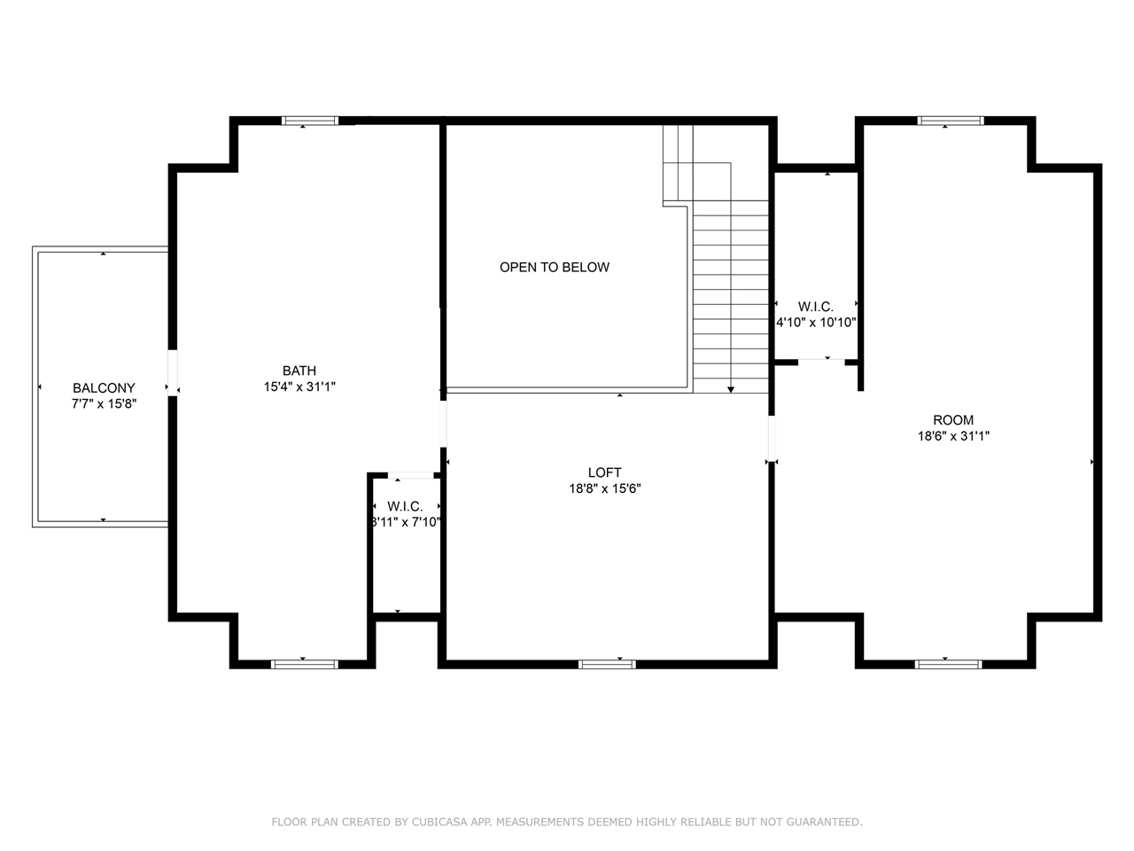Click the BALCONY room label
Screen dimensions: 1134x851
click(104, 387)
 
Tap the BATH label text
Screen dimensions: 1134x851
click(299, 371)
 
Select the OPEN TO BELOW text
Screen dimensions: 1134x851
click(555, 267)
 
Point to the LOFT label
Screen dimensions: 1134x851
click(604, 472)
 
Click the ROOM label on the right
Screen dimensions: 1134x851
click(953, 420)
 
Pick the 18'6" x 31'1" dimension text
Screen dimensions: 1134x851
click(953, 436)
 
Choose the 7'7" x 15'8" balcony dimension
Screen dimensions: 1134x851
click(104, 403)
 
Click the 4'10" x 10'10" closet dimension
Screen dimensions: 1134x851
click(816, 323)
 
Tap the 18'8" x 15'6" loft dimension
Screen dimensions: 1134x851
click(605, 488)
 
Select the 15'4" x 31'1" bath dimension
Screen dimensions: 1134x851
click(299, 386)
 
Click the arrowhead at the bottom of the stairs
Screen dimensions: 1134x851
click(731, 389)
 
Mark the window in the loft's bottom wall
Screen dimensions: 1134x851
click(607, 665)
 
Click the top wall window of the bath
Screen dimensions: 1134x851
click(310, 121)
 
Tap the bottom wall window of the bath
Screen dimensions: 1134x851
click(305, 665)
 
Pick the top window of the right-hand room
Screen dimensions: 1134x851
click(951, 121)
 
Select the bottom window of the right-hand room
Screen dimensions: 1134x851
click(949, 665)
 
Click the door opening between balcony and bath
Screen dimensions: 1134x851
click(173, 373)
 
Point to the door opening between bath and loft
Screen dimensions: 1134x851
click(443, 425)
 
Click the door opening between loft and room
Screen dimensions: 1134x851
click(772, 439)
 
